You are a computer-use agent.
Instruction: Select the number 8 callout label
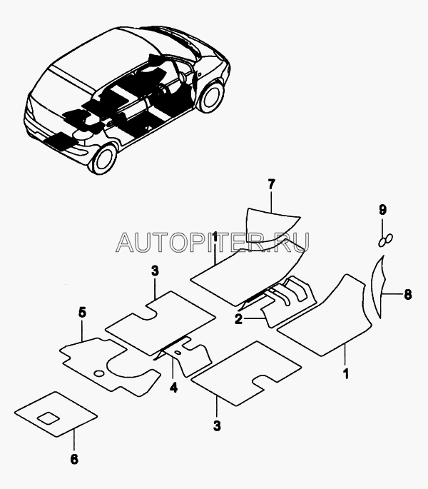click(407, 293)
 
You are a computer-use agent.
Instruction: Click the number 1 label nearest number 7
click(215, 237)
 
